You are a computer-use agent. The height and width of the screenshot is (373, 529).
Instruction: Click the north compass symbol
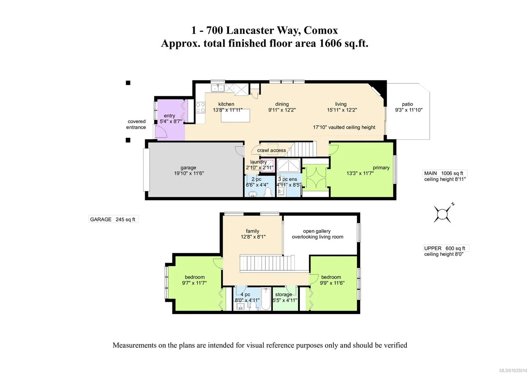[442, 214]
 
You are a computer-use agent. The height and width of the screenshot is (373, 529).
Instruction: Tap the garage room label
[188, 168]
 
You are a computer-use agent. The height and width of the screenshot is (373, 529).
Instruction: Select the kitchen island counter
[235, 116]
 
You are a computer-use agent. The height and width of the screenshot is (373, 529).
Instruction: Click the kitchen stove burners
[200, 107]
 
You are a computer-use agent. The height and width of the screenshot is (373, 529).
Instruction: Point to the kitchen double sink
[218, 88]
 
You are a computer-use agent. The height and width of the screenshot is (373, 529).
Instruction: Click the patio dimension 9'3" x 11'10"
[409, 110]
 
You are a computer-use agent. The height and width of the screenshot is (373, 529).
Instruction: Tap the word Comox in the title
[321, 30]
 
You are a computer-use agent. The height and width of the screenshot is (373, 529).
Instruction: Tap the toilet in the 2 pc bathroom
[268, 192]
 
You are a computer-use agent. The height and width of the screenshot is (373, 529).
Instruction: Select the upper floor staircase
[267, 263]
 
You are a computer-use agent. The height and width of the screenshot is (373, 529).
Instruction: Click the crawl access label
[271, 151]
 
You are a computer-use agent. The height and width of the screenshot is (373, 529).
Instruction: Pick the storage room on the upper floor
[285, 298]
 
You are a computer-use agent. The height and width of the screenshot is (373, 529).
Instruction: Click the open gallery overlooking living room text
[317, 234]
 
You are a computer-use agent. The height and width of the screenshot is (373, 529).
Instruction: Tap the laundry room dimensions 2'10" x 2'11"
[259, 168]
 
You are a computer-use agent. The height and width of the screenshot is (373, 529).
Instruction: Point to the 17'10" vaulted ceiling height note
[344, 127]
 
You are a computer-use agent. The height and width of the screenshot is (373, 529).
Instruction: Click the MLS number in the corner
[514, 370]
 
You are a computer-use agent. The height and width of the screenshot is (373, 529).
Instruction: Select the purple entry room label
[169, 116]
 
